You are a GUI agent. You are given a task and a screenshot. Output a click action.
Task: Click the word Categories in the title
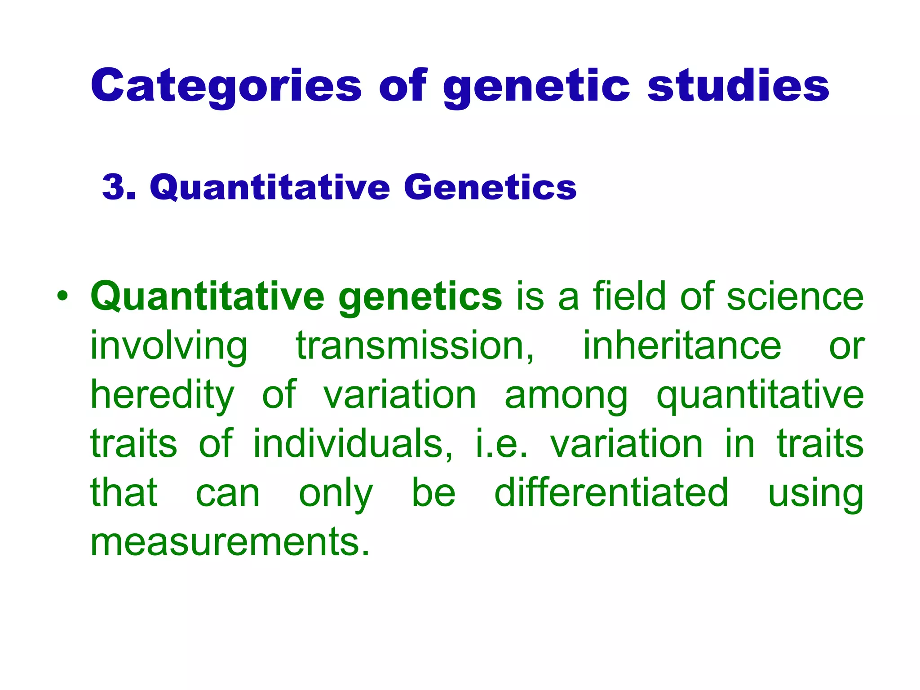226,85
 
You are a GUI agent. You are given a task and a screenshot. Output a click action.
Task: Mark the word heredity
163,395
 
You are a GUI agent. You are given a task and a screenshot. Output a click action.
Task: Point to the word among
566,395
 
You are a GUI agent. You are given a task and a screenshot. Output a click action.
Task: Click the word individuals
353,444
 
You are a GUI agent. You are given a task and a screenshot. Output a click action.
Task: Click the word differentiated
611,493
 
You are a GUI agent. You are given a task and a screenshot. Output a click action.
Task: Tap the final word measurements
230,542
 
